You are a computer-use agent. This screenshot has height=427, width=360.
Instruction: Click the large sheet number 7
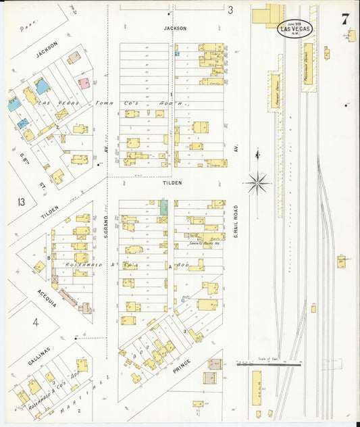(345, 19)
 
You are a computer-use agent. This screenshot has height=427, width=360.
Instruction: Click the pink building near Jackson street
(84, 83)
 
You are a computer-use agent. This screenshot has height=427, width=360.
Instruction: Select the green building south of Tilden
(163, 207)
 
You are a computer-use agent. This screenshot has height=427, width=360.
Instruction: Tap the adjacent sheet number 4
(36, 322)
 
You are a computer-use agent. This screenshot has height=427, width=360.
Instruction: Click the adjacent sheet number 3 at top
(230, 10)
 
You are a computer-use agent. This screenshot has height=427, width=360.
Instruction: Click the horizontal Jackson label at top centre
(174, 28)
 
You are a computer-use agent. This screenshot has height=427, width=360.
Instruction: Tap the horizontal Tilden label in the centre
(172, 182)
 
